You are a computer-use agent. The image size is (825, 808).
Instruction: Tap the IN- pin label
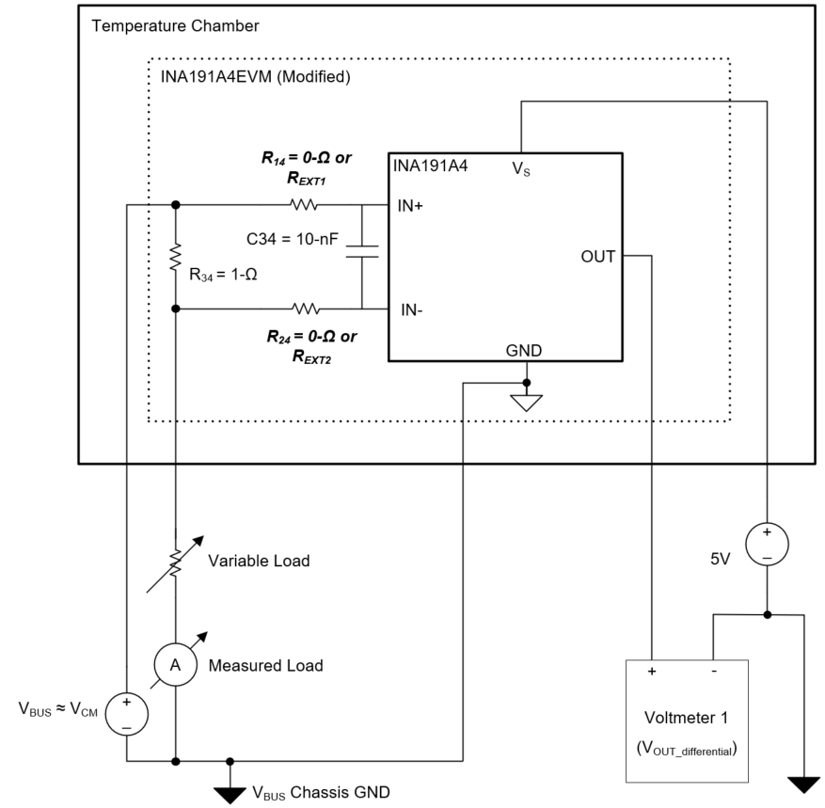411,309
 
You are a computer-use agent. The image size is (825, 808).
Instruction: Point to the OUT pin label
598,256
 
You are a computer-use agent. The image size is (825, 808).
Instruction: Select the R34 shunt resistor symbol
176,257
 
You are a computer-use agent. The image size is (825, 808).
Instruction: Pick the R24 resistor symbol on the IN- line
305,309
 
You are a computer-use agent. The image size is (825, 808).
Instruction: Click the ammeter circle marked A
175,664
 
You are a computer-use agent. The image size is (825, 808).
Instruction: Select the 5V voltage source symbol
768,545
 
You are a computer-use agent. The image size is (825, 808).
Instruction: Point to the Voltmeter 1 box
687,720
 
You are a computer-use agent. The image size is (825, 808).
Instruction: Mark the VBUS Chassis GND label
314,791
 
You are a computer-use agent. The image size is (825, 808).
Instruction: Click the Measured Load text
265,666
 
